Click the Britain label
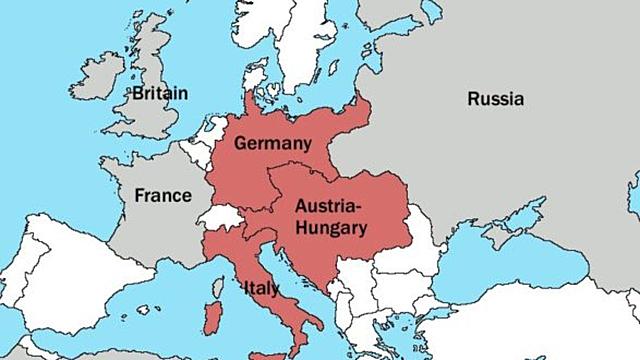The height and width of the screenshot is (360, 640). coord(159,93)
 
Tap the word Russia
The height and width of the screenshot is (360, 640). coord(496,98)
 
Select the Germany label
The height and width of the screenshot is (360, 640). coord(268,143)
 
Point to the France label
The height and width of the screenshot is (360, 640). coord(162,195)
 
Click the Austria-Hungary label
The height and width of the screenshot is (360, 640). coord(330,216)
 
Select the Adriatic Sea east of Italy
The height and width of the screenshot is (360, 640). coord(290,280)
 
